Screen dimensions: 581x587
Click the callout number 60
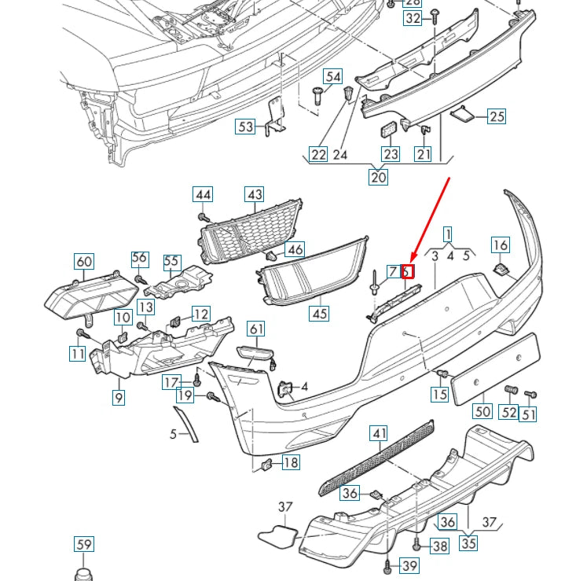(83, 262)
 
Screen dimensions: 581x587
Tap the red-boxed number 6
(407, 272)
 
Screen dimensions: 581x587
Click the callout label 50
(482, 411)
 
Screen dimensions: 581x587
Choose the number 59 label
(83, 544)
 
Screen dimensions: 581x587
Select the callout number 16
(501, 245)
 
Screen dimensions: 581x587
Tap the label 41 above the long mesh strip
(380, 434)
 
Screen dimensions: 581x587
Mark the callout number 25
(496, 117)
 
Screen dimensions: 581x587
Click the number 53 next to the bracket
(246, 126)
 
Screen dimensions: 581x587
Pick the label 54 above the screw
(334, 76)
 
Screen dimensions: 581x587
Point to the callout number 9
(119, 398)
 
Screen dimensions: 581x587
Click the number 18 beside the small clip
(290, 462)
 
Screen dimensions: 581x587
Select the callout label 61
(256, 329)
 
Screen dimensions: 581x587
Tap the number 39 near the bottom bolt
(409, 566)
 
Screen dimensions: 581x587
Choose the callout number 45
(319, 313)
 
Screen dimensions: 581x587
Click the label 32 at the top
(413, 19)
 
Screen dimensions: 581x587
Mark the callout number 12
(201, 314)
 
